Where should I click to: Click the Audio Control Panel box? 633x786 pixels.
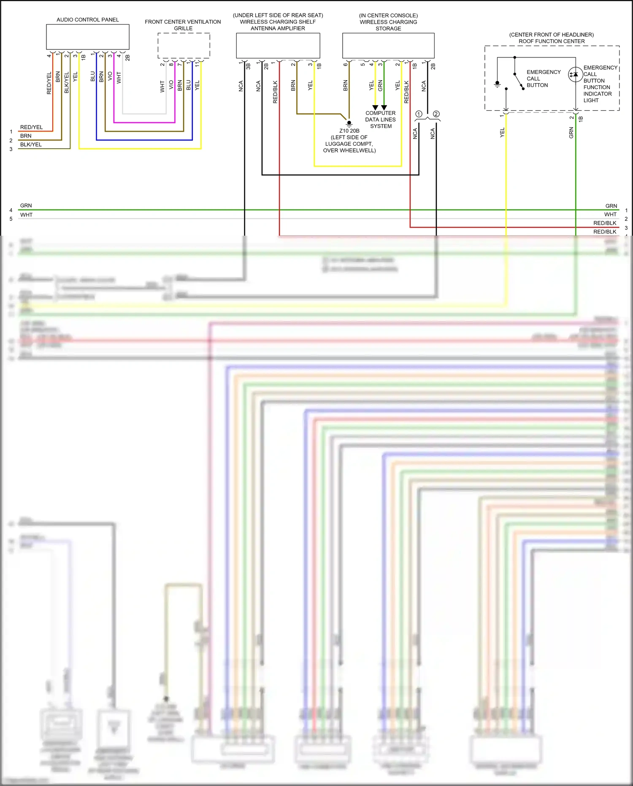pyautogui.click(x=87, y=37)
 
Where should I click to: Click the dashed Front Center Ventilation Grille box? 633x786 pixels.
pyautogui.click(x=184, y=46)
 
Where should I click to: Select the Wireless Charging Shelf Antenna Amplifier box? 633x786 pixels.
pyautogui.click(x=278, y=46)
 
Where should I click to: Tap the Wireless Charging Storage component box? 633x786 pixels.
pyautogui.click(x=388, y=46)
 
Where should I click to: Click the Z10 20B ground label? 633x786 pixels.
pyautogui.click(x=349, y=131)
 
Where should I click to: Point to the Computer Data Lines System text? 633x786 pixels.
pyautogui.click(x=380, y=120)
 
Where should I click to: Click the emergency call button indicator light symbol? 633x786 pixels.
pyautogui.click(x=575, y=75)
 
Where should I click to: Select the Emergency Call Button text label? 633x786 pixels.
pyautogui.click(x=543, y=79)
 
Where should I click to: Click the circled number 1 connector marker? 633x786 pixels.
pyautogui.click(x=419, y=114)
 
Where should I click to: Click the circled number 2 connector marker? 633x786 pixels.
pyautogui.click(x=436, y=114)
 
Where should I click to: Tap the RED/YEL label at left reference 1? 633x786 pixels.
pyautogui.click(x=31, y=127)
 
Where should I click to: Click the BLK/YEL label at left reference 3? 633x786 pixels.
pyautogui.click(x=31, y=144)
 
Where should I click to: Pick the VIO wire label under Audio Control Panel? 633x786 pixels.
pyautogui.click(x=110, y=76)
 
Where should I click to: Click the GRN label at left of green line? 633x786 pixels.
pyautogui.click(x=26, y=206)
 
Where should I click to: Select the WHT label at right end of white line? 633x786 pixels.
pyautogui.click(x=610, y=215)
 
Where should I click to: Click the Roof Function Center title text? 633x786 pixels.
pyautogui.click(x=551, y=41)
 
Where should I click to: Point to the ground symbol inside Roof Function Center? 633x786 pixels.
pyautogui.click(x=498, y=84)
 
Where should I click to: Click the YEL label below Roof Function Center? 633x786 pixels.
pyautogui.click(x=502, y=133)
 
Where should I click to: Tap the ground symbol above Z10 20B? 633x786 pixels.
pyautogui.click(x=349, y=124)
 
